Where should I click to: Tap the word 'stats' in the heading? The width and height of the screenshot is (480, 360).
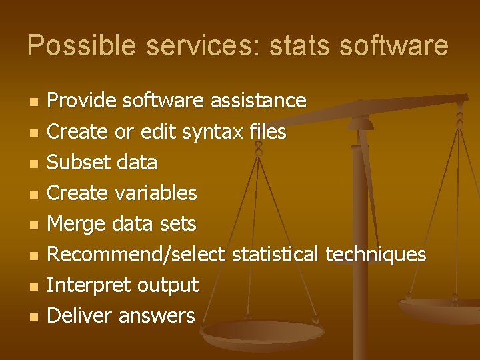click(288, 46)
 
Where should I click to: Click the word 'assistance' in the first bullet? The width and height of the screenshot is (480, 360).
click(258, 101)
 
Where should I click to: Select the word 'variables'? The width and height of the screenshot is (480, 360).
click(156, 193)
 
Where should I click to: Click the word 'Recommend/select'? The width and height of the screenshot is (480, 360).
click(138, 254)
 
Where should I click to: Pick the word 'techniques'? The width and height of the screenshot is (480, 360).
click(375, 254)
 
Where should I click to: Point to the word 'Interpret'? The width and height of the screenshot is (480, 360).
click(89, 285)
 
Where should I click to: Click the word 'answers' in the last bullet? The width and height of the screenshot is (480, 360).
click(157, 315)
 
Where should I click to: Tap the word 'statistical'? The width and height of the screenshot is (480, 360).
click(276, 254)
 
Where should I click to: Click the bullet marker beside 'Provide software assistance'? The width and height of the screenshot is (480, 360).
click(33, 103)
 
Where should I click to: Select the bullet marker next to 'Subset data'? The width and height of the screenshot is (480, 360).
click(33, 164)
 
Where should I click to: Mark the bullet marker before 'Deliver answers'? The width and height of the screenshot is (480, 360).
click(33, 317)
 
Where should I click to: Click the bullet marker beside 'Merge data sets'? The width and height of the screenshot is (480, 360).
click(33, 225)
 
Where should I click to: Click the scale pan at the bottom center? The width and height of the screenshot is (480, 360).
click(262, 334)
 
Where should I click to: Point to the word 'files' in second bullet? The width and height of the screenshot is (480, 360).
click(267, 133)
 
